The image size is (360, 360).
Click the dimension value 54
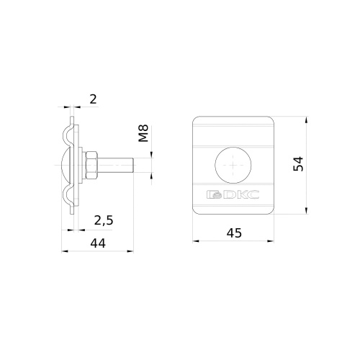298,164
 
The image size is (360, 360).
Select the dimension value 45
234,233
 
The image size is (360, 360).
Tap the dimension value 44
98,243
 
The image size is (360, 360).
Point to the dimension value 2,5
104,220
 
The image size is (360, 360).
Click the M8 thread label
144,133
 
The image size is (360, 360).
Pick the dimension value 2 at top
93,99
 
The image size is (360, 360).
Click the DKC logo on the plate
233,194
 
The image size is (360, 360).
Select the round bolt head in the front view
233,165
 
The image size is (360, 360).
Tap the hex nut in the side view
91,165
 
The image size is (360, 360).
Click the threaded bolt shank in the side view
115,165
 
